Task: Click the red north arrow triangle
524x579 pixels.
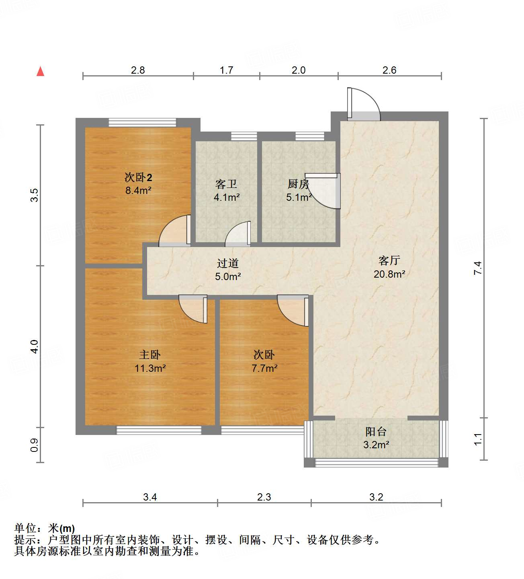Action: (40, 71)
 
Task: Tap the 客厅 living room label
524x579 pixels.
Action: (389, 261)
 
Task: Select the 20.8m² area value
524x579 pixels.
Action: (389, 274)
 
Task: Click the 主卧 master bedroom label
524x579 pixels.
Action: (150, 354)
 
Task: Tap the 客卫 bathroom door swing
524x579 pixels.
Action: (238, 234)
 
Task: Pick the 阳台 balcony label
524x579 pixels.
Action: (376, 432)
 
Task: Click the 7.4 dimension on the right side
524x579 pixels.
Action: (477, 268)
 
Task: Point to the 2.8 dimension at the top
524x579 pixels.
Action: (138, 70)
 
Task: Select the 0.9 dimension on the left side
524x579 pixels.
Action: (35, 445)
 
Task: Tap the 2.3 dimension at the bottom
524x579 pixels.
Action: (264, 497)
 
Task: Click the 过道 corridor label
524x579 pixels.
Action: (228, 263)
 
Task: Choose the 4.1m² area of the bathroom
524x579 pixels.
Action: (227, 198)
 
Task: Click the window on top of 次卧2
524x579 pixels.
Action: (142, 122)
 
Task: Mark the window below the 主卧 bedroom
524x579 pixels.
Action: (159, 430)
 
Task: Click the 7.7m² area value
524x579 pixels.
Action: (264, 368)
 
